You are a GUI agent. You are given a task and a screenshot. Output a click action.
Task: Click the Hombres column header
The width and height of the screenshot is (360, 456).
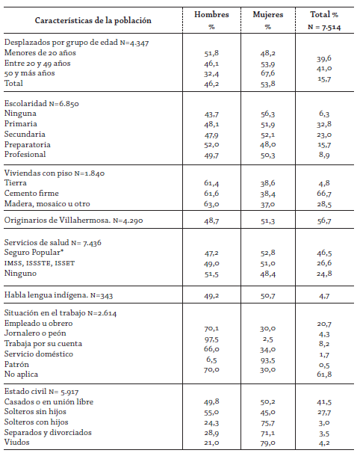(x=212, y=14)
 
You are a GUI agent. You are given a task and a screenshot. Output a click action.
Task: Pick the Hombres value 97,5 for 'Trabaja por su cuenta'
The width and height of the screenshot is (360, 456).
(x=212, y=342)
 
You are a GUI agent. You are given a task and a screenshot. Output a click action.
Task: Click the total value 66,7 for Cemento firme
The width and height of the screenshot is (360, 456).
(x=323, y=192)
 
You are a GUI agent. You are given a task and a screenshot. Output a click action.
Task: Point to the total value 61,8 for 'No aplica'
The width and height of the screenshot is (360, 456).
(x=323, y=374)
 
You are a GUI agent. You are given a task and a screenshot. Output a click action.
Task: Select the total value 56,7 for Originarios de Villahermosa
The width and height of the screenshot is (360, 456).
(x=323, y=222)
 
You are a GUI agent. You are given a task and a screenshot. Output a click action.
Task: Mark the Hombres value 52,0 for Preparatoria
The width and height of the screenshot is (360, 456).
(x=212, y=144)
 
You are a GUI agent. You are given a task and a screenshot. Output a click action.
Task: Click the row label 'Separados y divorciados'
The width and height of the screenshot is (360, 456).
(x=47, y=433)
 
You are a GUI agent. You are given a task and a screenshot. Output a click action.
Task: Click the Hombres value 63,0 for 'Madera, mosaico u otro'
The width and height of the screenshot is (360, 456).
(x=212, y=203)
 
